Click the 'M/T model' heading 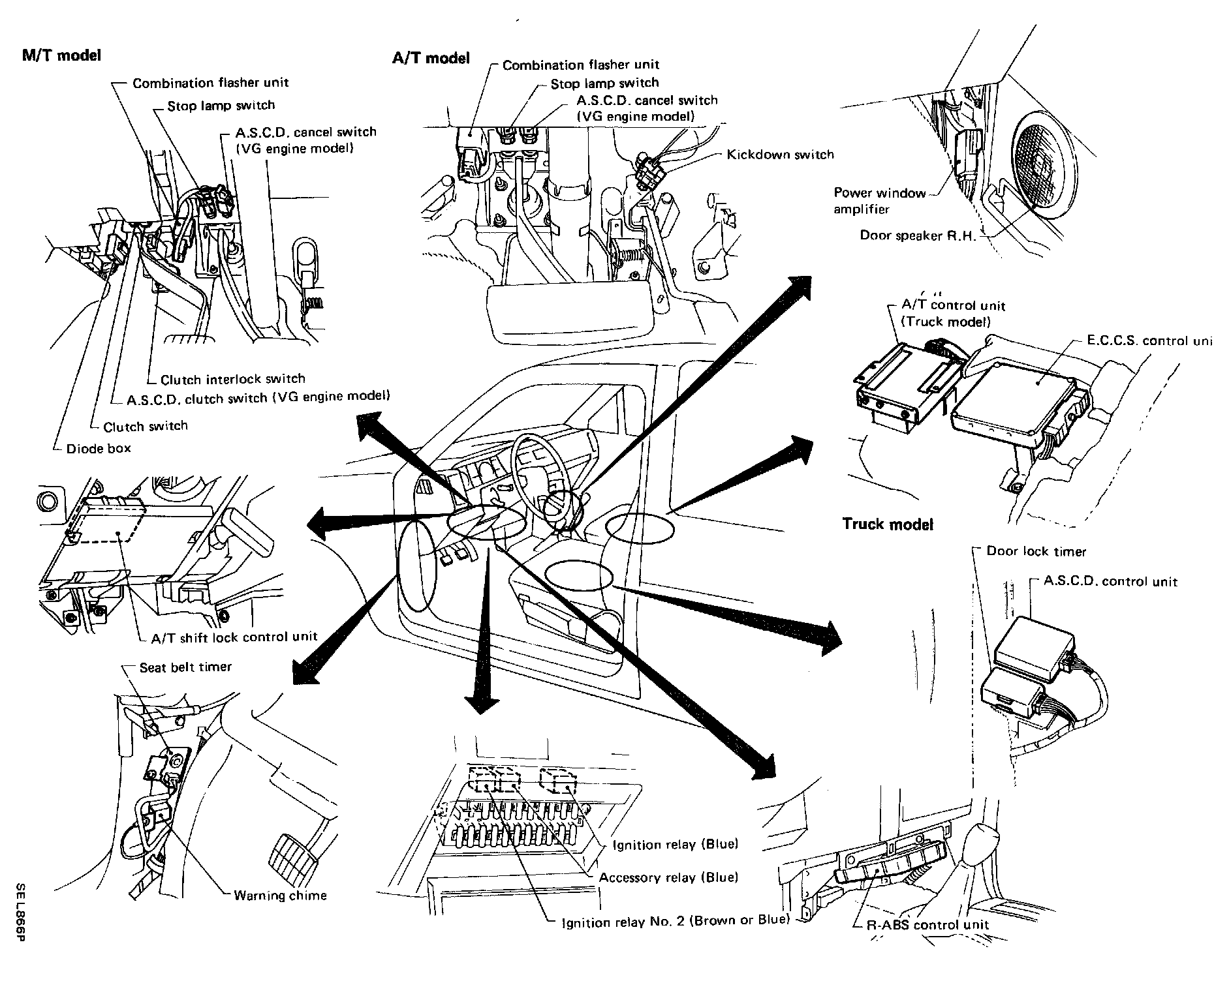(62, 55)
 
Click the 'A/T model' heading (430, 58)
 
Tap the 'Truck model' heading (888, 524)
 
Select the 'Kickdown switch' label (781, 155)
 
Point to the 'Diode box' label (99, 448)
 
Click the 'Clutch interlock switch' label (233, 379)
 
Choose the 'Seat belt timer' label (185, 667)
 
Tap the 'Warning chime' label (280, 896)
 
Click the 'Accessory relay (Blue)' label (668, 877)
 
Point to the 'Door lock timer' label (1036, 551)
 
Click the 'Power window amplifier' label (880, 201)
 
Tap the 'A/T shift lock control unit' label (234, 637)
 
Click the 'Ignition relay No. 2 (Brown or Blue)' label (676, 921)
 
